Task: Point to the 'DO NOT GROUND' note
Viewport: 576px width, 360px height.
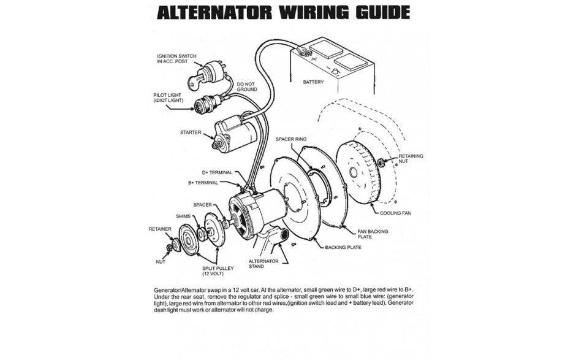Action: pyautogui.click(x=246, y=86)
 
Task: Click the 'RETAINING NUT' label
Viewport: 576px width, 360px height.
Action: pyautogui.click(x=410, y=159)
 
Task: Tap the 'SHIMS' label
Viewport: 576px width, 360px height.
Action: pyautogui.click(x=183, y=216)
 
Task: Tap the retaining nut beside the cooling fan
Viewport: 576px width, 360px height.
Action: pyautogui.click(x=381, y=163)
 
